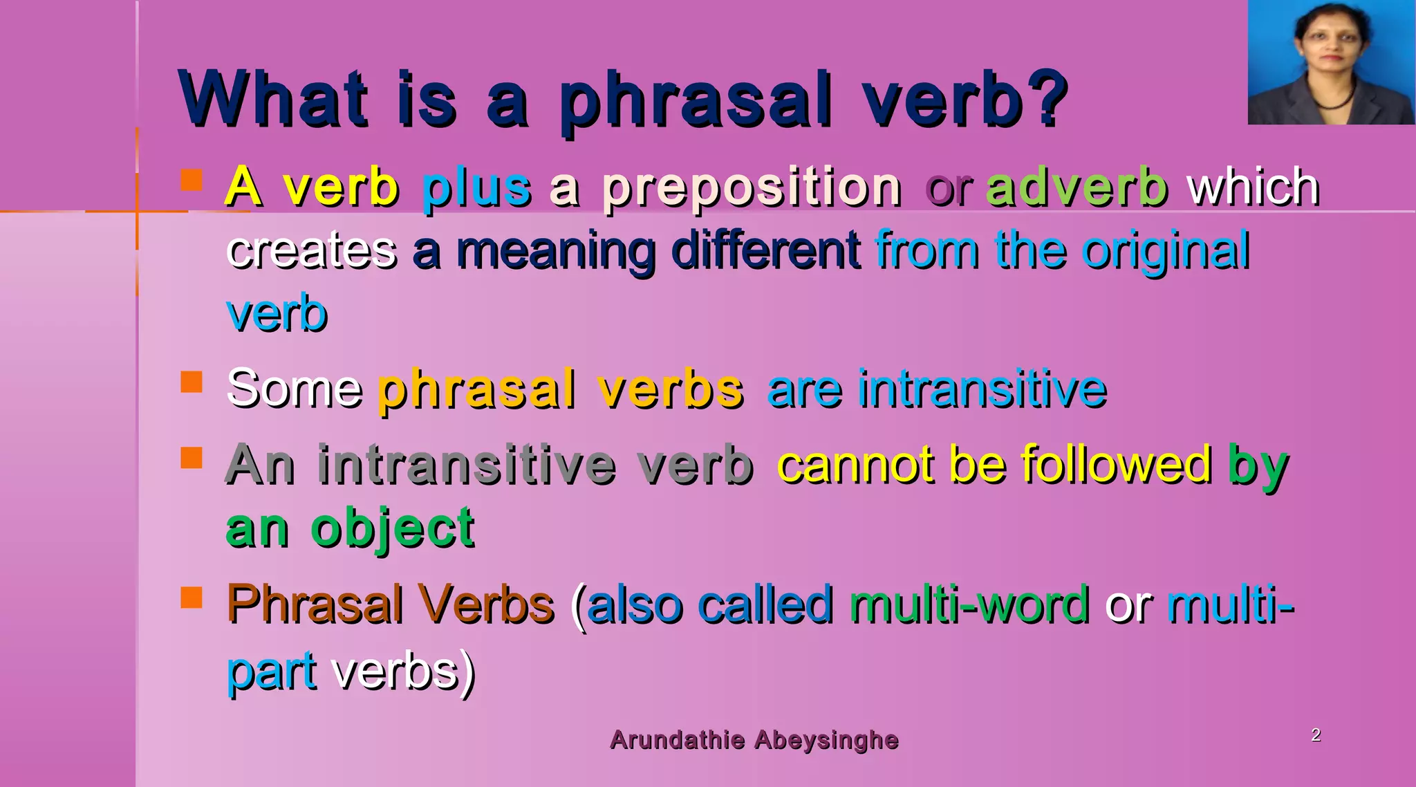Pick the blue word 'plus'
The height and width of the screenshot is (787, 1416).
(x=476, y=188)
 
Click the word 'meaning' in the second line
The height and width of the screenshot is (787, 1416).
(x=556, y=251)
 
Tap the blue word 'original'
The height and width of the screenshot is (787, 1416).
(x=1166, y=251)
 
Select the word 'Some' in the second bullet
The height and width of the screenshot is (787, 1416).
(x=294, y=389)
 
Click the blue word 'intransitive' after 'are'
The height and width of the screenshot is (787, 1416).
(x=982, y=389)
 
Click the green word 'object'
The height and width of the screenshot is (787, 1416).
(x=393, y=529)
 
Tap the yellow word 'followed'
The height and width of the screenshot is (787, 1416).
(x=1116, y=464)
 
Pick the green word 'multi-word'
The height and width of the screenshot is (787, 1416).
(x=969, y=604)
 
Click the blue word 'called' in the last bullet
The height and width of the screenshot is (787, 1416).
(x=765, y=604)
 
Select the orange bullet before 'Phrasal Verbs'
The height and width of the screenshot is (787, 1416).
(x=192, y=598)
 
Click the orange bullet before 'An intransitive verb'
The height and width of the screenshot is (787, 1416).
(x=192, y=458)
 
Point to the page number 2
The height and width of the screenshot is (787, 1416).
(x=1316, y=734)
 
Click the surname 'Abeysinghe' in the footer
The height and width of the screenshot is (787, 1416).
(x=826, y=740)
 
